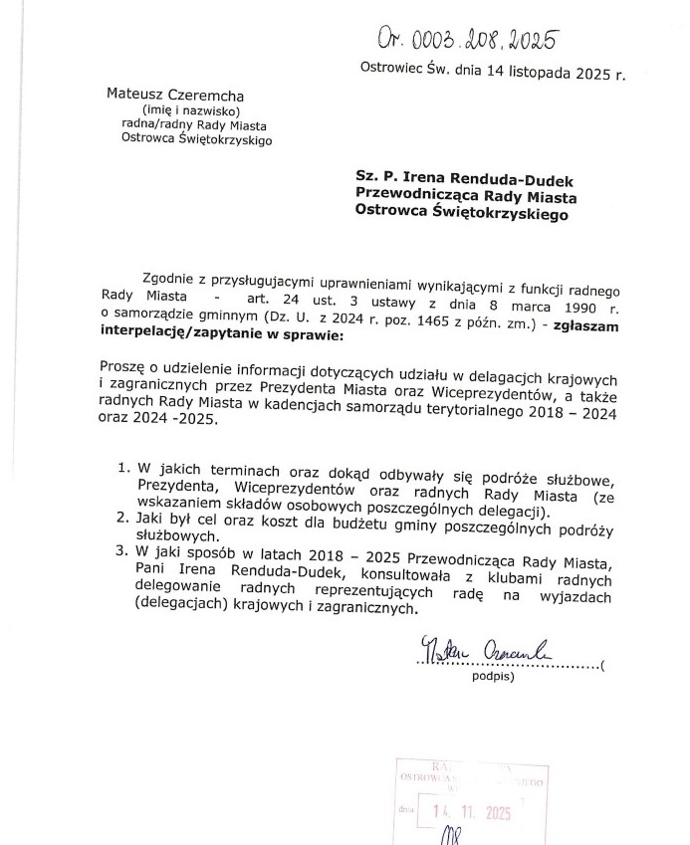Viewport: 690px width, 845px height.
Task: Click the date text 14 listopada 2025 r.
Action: point(536,73)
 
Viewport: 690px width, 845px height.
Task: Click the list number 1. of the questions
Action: point(125,467)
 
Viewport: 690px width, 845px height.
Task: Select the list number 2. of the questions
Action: point(124,517)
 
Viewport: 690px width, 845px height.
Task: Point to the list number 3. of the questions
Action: point(124,550)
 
